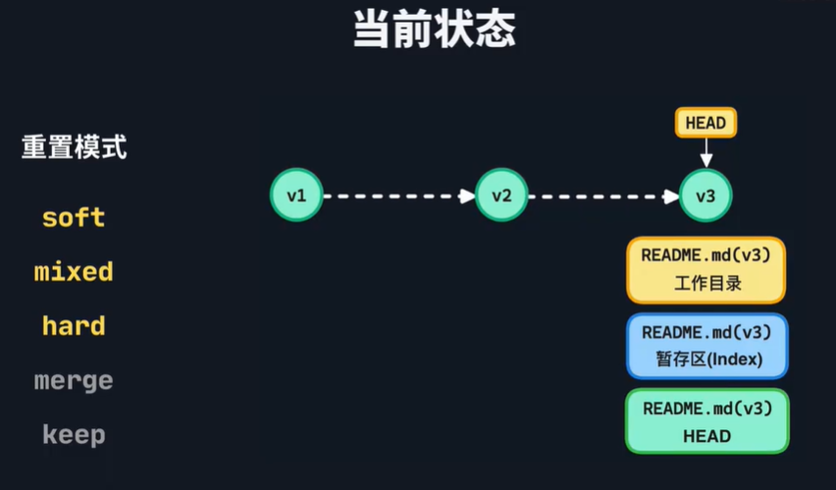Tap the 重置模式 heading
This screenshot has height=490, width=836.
coord(74,148)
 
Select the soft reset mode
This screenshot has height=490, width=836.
coord(74,217)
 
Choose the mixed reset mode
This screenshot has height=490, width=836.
coord(74,272)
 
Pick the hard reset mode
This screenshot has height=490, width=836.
coord(74,326)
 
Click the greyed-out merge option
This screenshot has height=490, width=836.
coord(74,380)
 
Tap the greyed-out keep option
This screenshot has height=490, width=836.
coord(74,434)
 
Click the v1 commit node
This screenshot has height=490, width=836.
coord(296,195)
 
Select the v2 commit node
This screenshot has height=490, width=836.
coord(501,195)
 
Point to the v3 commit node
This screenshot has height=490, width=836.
coord(705,195)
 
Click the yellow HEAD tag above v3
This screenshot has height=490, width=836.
coord(705,123)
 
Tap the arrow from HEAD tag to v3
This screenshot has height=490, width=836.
coord(705,153)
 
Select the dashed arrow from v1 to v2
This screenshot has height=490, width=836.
coord(398,195)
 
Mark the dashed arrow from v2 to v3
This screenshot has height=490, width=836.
coord(603,195)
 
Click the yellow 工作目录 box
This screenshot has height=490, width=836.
coord(706,270)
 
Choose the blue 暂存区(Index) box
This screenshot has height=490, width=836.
coord(706,346)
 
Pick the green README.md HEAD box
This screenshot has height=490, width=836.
coord(706,421)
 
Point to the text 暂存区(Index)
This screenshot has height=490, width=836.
coord(706,359)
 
